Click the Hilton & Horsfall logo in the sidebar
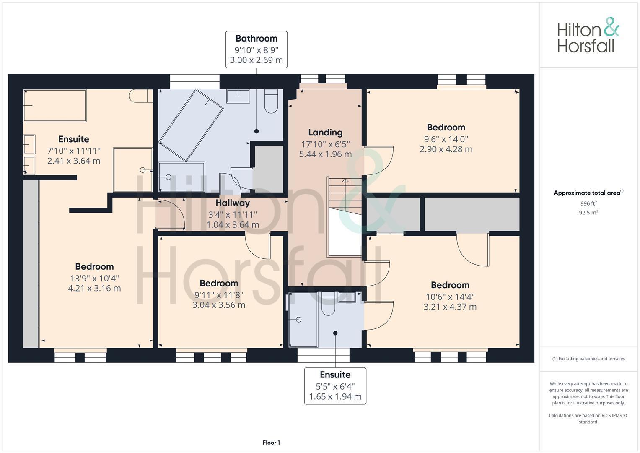pos(588,35)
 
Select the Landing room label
pos(325,133)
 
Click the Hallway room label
pos(233,203)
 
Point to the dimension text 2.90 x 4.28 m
pos(446,149)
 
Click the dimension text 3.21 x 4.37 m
pos(450,307)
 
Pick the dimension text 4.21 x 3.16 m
pos(94,288)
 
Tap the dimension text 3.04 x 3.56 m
pos(219,305)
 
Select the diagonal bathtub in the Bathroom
pos(191,125)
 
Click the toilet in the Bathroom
pos(271,101)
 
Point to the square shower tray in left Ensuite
pos(133,170)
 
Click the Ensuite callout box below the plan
pos(335,385)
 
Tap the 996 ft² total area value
pos(588,203)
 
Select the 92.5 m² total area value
pos(588,213)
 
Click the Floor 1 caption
pos(271,443)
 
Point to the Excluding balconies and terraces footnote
pos(588,359)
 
